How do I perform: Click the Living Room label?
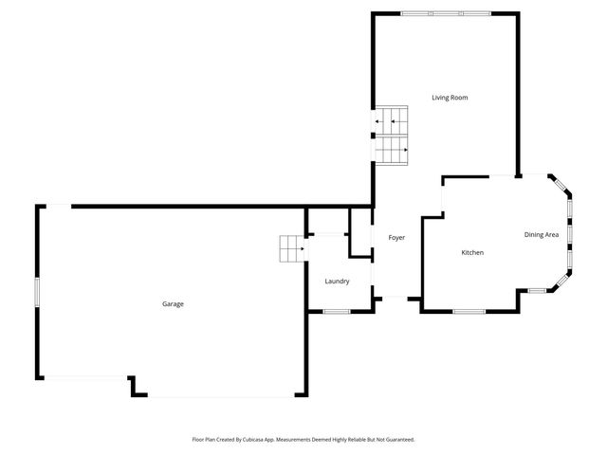click(450, 98)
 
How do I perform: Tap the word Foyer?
click(396, 237)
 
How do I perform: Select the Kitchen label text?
click(472, 253)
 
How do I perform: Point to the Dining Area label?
click(542, 234)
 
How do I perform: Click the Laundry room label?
click(337, 281)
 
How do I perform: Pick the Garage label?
click(173, 304)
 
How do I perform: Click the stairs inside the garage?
click(291, 248)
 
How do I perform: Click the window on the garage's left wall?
click(38, 292)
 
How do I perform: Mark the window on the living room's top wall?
click(446, 12)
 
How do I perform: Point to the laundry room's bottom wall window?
click(337, 311)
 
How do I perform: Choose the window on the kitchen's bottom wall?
click(469, 311)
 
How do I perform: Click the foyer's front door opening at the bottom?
click(396, 300)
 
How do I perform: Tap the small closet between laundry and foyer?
click(360, 233)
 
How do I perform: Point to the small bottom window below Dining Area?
click(537, 290)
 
